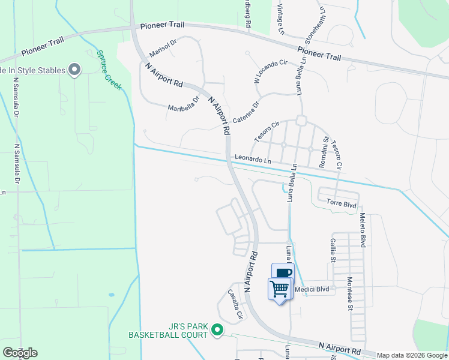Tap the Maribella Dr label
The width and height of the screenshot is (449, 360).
[x=183, y=105]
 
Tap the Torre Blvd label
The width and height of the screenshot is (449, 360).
[x=342, y=205]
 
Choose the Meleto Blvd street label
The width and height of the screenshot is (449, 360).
[x=363, y=232]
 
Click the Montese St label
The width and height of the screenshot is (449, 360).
[x=350, y=294]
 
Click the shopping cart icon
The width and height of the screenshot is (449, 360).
[x=280, y=289]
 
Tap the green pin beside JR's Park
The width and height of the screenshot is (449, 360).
[x=218, y=329]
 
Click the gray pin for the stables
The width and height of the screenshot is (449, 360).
[x=74, y=70]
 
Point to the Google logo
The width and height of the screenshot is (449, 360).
[x=20, y=352]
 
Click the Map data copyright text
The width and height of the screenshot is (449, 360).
[x=411, y=355]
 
